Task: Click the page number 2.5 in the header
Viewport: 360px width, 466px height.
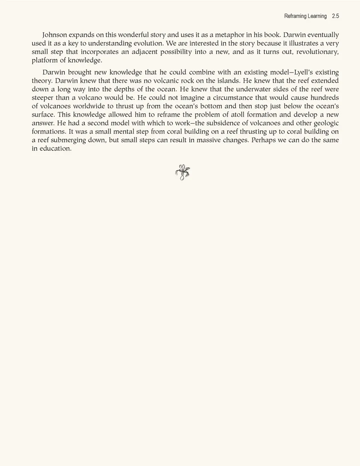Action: [x=335, y=16]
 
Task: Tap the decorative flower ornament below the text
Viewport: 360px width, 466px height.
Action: [x=183, y=172]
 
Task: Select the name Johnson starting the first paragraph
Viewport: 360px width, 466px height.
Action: [x=54, y=35]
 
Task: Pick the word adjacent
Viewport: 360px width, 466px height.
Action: [x=144, y=52]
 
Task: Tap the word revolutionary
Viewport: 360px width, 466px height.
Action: [x=317, y=52]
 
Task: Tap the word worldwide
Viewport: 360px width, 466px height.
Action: [x=89, y=106]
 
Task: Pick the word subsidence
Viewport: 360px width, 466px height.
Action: [x=219, y=123]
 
